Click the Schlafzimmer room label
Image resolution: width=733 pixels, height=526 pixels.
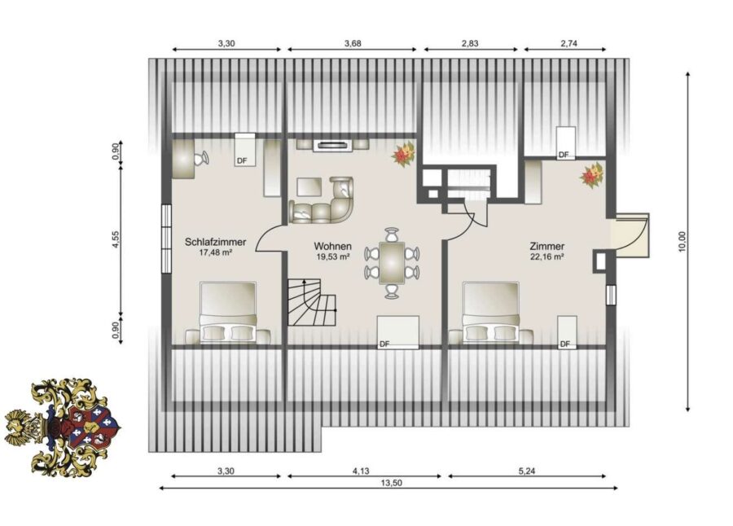pos(215,242)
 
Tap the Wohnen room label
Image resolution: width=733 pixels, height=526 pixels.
pos(332,246)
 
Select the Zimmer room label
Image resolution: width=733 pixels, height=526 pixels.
pos(547,246)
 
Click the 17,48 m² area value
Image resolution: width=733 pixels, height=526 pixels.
pos(216,253)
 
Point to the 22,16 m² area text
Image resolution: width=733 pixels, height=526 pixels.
pos(547,256)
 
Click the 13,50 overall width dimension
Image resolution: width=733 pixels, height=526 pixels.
pos(391,484)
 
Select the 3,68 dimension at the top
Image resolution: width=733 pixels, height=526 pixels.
pos(353,43)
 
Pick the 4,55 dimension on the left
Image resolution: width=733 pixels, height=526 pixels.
pos(116,239)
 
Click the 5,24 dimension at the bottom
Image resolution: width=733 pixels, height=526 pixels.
pos(527,471)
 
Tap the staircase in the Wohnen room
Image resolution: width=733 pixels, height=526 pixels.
pos(312,302)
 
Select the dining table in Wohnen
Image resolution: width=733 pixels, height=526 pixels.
pos(392,262)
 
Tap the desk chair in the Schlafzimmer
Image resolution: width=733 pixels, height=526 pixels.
pos(202,158)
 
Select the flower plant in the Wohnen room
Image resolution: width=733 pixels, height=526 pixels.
pos(404,153)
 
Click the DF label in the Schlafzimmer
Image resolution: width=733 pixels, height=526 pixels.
pos(242,161)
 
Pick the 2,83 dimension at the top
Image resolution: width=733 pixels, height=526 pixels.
pos(470,43)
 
